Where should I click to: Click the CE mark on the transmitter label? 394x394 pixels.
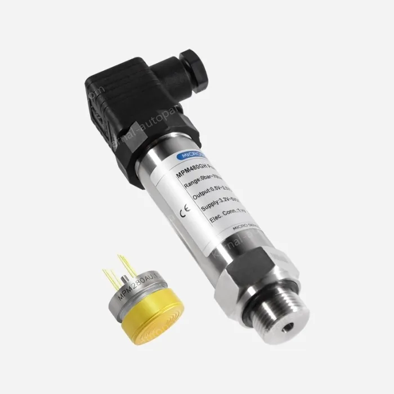tap(185, 213)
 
